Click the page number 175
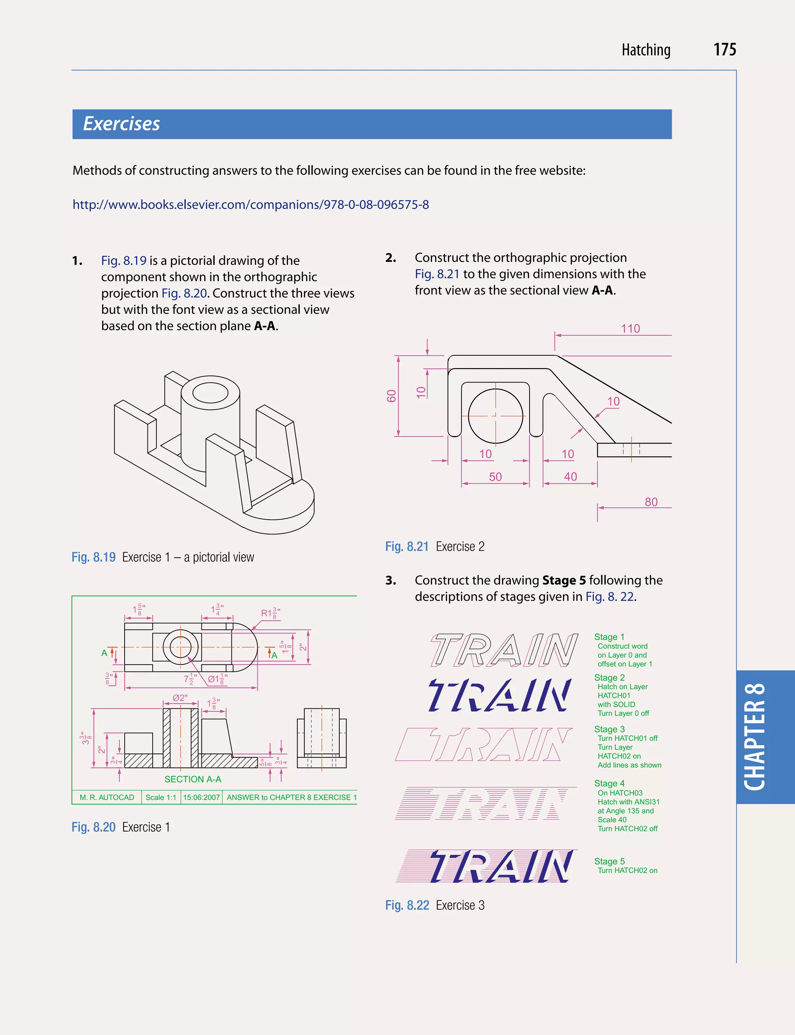(724, 50)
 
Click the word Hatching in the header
(646, 50)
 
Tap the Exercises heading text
(122, 124)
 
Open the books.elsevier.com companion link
(250, 205)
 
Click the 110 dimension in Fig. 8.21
(630, 329)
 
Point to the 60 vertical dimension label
(391, 396)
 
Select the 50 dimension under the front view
(495, 477)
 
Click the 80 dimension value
(651, 502)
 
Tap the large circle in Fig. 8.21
(495, 416)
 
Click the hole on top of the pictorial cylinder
(210, 393)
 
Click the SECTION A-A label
(193, 779)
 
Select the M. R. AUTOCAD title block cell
(107, 797)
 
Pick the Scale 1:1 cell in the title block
(161, 797)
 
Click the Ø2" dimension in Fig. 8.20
(180, 698)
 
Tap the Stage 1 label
(609, 637)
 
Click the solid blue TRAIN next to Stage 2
(499, 695)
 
